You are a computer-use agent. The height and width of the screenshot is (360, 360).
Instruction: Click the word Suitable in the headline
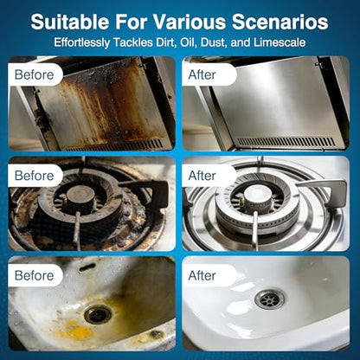(x=70, y=22)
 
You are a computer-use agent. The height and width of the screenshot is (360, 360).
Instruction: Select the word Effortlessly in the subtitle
(x=82, y=43)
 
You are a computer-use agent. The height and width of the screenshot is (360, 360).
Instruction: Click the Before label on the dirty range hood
(x=34, y=74)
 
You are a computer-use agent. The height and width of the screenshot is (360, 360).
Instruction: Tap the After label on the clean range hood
(x=202, y=74)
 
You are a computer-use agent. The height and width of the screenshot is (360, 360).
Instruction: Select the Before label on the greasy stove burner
(x=34, y=176)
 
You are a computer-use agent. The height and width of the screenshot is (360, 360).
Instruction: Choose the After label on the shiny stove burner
(x=202, y=176)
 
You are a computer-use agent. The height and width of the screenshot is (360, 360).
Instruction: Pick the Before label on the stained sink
(x=34, y=275)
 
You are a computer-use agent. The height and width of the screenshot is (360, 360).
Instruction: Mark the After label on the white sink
(x=202, y=275)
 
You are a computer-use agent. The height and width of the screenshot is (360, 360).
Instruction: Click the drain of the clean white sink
(x=270, y=299)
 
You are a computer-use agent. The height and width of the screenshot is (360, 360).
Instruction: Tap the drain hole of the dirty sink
(x=98, y=314)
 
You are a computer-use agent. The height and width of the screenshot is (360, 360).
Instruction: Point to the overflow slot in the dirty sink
(x=87, y=267)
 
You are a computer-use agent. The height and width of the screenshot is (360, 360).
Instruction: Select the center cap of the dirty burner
(x=81, y=194)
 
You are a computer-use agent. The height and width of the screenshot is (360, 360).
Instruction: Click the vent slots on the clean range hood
(x=286, y=142)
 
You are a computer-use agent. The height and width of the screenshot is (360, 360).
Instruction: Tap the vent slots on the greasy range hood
(x=115, y=145)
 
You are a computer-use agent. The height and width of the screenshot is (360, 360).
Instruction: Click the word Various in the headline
(x=189, y=22)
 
